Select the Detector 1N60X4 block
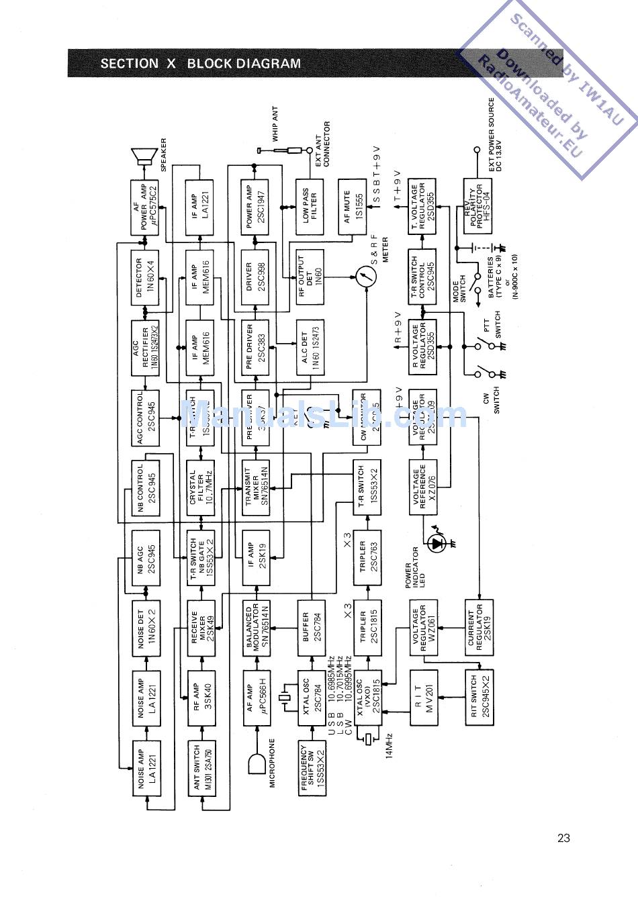[145, 277]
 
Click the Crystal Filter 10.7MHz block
[200, 487]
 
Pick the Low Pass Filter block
[310, 206]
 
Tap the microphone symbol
[257, 763]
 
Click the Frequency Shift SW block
[312, 768]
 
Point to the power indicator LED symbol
[438, 542]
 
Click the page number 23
[563, 837]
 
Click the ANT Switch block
[200, 768]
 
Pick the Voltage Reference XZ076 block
[423, 487]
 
